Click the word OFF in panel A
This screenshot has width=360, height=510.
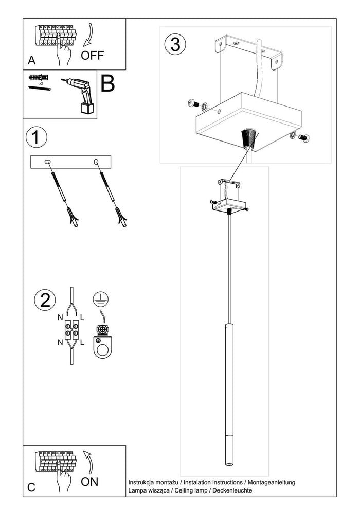93,56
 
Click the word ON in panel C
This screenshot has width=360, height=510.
89,482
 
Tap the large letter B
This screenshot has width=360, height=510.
107,84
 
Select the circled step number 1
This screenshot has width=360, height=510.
35,138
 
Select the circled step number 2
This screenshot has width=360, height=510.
45,300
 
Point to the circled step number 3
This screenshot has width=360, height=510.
175,44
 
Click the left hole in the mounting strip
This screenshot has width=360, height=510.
48,162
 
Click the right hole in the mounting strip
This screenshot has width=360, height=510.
96,162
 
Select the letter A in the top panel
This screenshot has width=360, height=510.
31,61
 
